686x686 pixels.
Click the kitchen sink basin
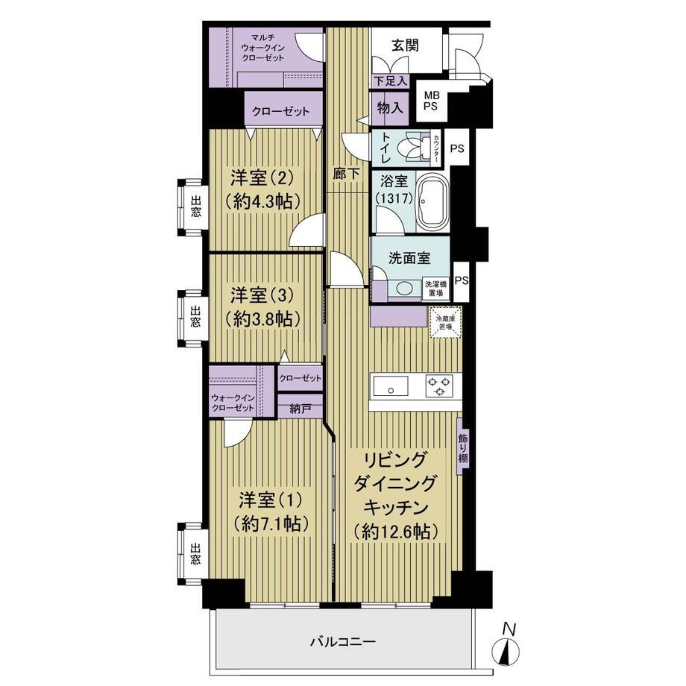pos(390,387)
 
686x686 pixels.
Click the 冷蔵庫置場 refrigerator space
pos(446,322)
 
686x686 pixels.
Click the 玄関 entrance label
pos(405,45)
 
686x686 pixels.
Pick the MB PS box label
pos(431,101)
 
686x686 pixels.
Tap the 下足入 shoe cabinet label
pos(391,81)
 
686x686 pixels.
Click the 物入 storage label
pos(390,107)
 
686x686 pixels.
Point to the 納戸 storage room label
pos(300,409)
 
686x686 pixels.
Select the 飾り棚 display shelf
pos(462,448)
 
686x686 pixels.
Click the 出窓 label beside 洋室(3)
pos(195,317)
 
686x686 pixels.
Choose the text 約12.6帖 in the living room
pos(395,531)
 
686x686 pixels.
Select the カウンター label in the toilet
pos(435,148)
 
